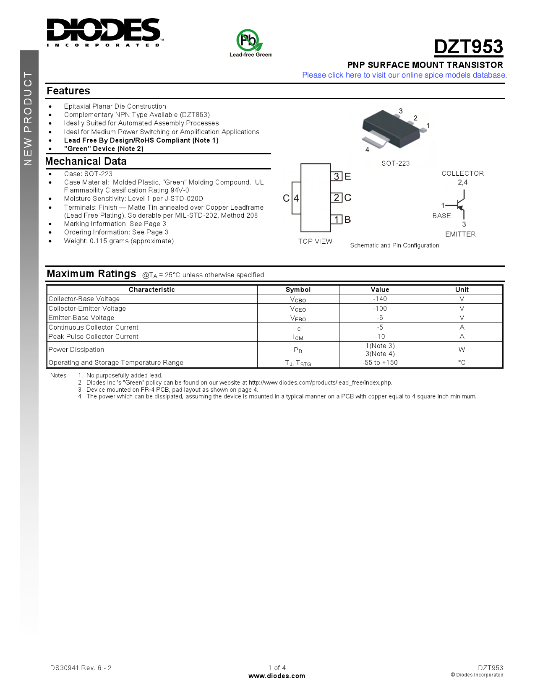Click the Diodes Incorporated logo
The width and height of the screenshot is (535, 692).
click(104, 32)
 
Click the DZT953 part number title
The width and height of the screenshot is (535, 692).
click(468, 47)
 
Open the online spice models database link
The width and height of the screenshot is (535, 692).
click(404, 75)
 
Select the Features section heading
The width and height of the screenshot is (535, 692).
click(68, 91)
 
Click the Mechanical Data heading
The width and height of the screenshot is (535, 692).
click(86, 161)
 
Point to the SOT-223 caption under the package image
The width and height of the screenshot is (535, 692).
click(395, 163)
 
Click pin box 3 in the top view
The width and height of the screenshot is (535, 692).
click(337, 176)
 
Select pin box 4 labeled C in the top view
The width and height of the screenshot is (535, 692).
click(296, 198)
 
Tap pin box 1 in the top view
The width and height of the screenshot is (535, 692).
click(337, 219)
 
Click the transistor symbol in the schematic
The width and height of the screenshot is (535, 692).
click(460, 206)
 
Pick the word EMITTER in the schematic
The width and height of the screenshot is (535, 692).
click(460, 234)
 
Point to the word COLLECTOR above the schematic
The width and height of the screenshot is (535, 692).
click(462, 173)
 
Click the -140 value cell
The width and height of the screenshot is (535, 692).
click(380, 299)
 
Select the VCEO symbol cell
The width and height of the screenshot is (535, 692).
click(298, 309)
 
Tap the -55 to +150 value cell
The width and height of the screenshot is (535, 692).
click(380, 363)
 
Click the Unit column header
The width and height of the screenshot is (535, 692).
click(462, 289)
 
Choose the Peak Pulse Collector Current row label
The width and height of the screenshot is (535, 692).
click(94, 337)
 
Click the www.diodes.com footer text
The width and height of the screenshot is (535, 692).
click(277, 676)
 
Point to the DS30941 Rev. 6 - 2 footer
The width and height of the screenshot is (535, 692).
click(81, 668)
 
